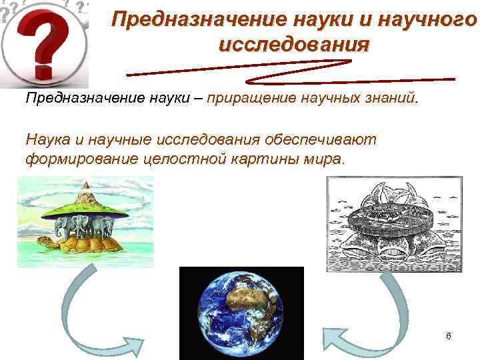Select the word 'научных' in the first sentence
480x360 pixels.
[x=326, y=99]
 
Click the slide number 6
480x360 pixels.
[x=449, y=336]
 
